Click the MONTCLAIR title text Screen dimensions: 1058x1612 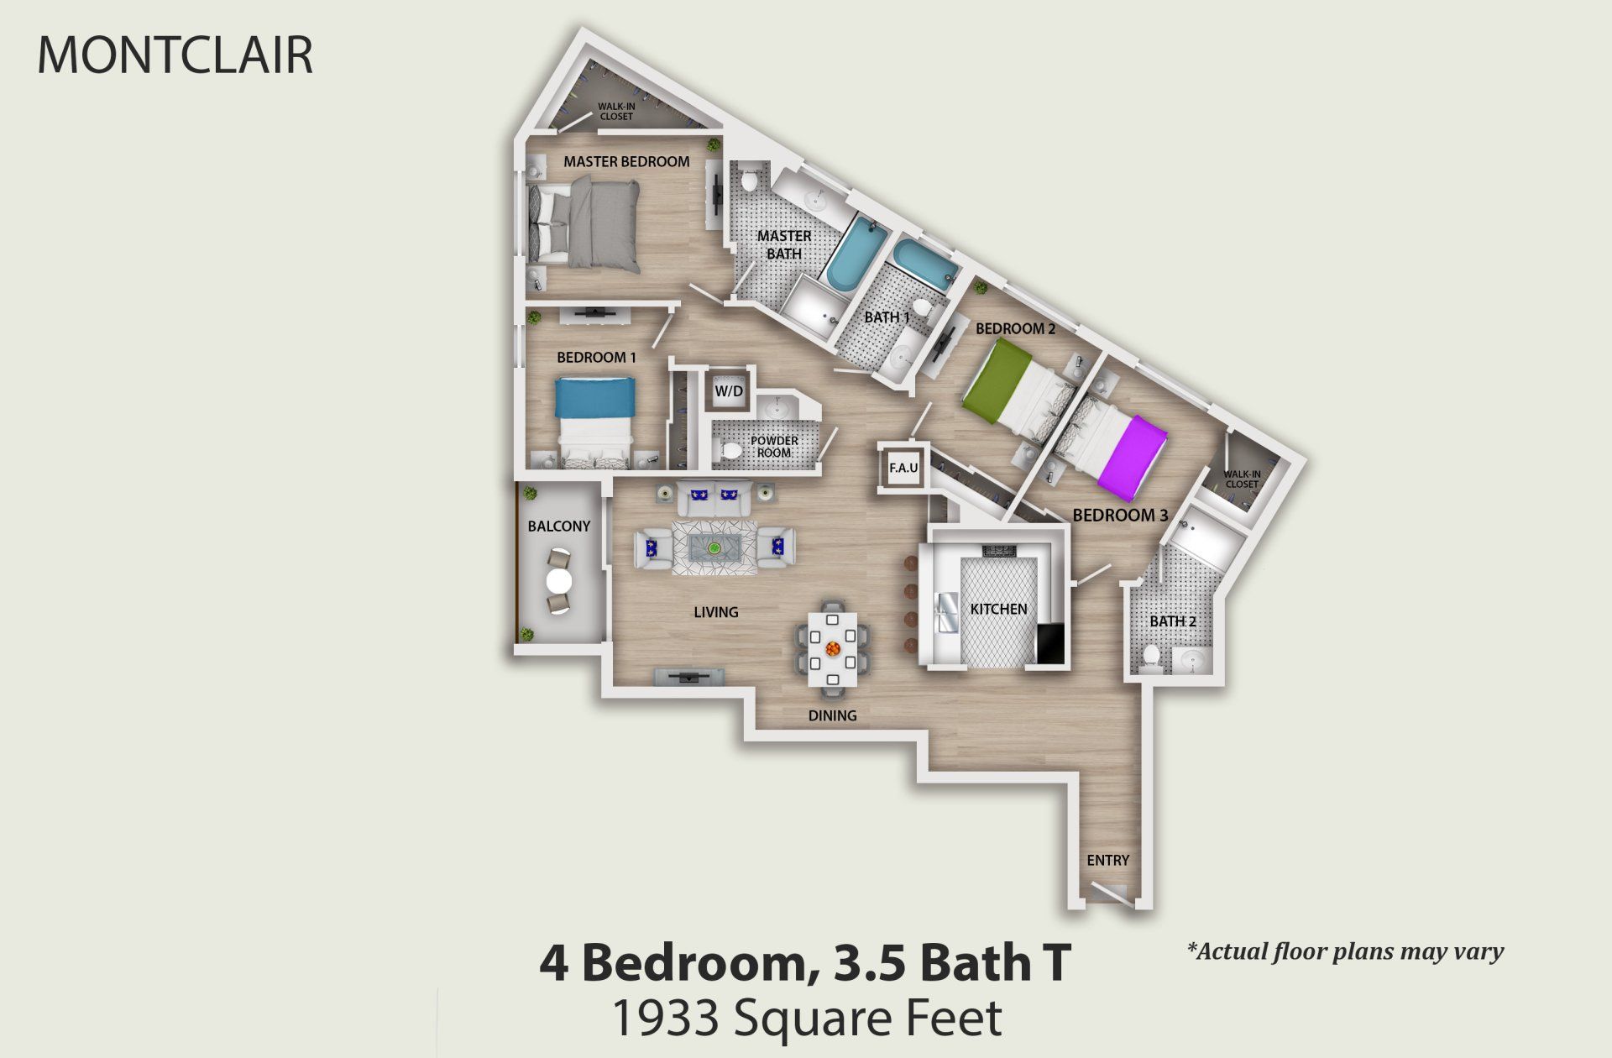tap(175, 55)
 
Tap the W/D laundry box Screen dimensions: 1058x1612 tap(728, 390)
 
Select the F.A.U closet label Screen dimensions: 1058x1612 tap(903, 468)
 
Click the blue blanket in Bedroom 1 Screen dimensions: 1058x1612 tap(594, 397)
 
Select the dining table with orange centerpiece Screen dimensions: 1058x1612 tap(833, 649)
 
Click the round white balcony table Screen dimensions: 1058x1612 tap(559, 581)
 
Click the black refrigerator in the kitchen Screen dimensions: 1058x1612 tap(1049, 644)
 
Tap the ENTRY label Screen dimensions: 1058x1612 tap(1107, 860)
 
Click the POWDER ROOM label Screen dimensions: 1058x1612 tap(774, 446)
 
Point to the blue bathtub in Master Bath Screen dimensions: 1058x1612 tap(856, 251)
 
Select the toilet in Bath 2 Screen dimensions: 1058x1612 tap(1152, 657)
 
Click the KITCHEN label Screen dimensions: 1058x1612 tap(998, 609)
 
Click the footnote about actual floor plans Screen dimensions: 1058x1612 tap(1345, 951)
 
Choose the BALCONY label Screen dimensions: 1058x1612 tap(558, 526)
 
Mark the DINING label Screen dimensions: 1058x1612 tap(832, 715)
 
